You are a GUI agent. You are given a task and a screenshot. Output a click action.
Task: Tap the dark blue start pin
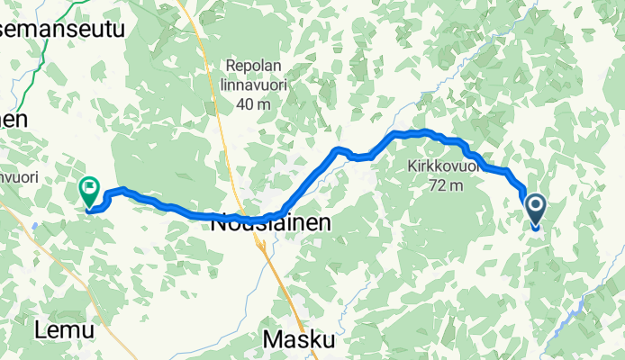[536, 209]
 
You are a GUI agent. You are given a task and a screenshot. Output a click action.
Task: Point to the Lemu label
[64, 330]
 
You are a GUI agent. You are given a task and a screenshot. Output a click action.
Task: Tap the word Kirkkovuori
[439, 168]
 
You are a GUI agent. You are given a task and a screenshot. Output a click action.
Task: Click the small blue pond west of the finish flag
[33, 227]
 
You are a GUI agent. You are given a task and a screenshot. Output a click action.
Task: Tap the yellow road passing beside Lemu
[99, 306]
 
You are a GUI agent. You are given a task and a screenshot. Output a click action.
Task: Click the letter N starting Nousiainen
[218, 225]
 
